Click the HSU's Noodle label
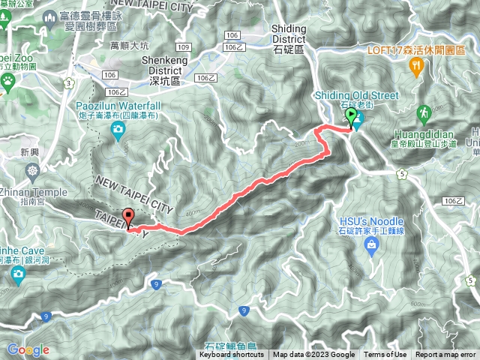point(371,221)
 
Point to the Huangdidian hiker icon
point(424,112)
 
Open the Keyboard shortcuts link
point(231,355)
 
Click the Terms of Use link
point(385,355)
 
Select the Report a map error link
point(445,355)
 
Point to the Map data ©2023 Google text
point(313,355)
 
